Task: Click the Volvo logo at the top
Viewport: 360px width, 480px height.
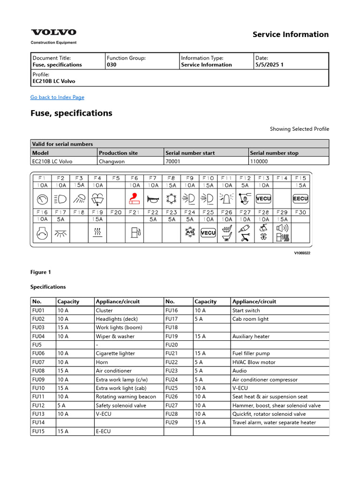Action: [x=53, y=32]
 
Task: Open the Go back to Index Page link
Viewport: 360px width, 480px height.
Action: [x=57, y=97]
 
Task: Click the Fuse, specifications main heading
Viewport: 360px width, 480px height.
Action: [x=71, y=113]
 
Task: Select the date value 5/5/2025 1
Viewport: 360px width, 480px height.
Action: [x=270, y=65]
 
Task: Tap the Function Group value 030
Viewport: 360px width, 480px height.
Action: [x=112, y=65]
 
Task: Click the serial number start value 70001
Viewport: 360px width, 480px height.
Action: [x=173, y=161]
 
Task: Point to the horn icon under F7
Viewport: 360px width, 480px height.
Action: [x=153, y=199]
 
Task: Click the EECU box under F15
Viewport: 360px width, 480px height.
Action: [x=300, y=199]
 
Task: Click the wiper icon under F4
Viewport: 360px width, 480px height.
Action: [x=97, y=199]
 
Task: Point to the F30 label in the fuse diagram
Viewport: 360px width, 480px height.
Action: [x=300, y=212]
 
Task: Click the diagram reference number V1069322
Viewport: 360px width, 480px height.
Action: [x=302, y=253]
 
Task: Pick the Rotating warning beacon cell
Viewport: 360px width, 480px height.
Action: [x=126, y=397]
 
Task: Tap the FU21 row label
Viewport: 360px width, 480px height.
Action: [x=172, y=353]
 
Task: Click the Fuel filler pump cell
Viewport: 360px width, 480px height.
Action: [x=251, y=353]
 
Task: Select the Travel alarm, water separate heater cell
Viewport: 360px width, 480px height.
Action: [x=274, y=422]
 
